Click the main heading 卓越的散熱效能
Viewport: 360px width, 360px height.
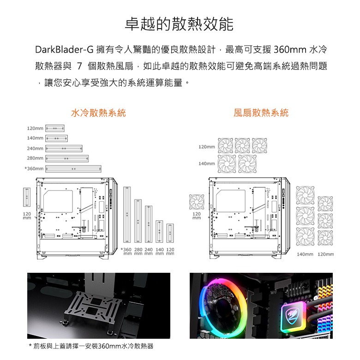(180, 24)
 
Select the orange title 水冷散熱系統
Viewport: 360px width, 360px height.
(98, 113)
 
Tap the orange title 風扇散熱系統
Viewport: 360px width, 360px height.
(261, 113)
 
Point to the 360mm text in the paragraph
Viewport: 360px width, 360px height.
(290, 49)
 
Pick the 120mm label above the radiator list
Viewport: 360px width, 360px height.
(35, 128)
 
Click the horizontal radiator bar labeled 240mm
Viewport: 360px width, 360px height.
(64, 149)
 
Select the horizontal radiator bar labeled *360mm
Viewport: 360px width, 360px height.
(73, 169)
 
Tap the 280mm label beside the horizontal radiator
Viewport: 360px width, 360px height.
(35, 158)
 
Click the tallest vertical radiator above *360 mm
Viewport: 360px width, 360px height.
(127, 215)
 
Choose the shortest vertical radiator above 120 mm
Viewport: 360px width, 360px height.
(170, 233)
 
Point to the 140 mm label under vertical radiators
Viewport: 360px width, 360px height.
(160, 252)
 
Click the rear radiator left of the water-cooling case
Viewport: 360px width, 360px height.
(27, 197)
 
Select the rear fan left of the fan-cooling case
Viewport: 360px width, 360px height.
(197, 202)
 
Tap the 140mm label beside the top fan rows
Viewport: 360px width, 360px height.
(207, 164)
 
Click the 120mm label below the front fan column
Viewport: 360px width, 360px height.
(326, 254)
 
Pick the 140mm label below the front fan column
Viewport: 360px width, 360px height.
(305, 254)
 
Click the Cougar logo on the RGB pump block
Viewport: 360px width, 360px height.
(293, 314)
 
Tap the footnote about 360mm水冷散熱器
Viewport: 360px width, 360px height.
(91, 346)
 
